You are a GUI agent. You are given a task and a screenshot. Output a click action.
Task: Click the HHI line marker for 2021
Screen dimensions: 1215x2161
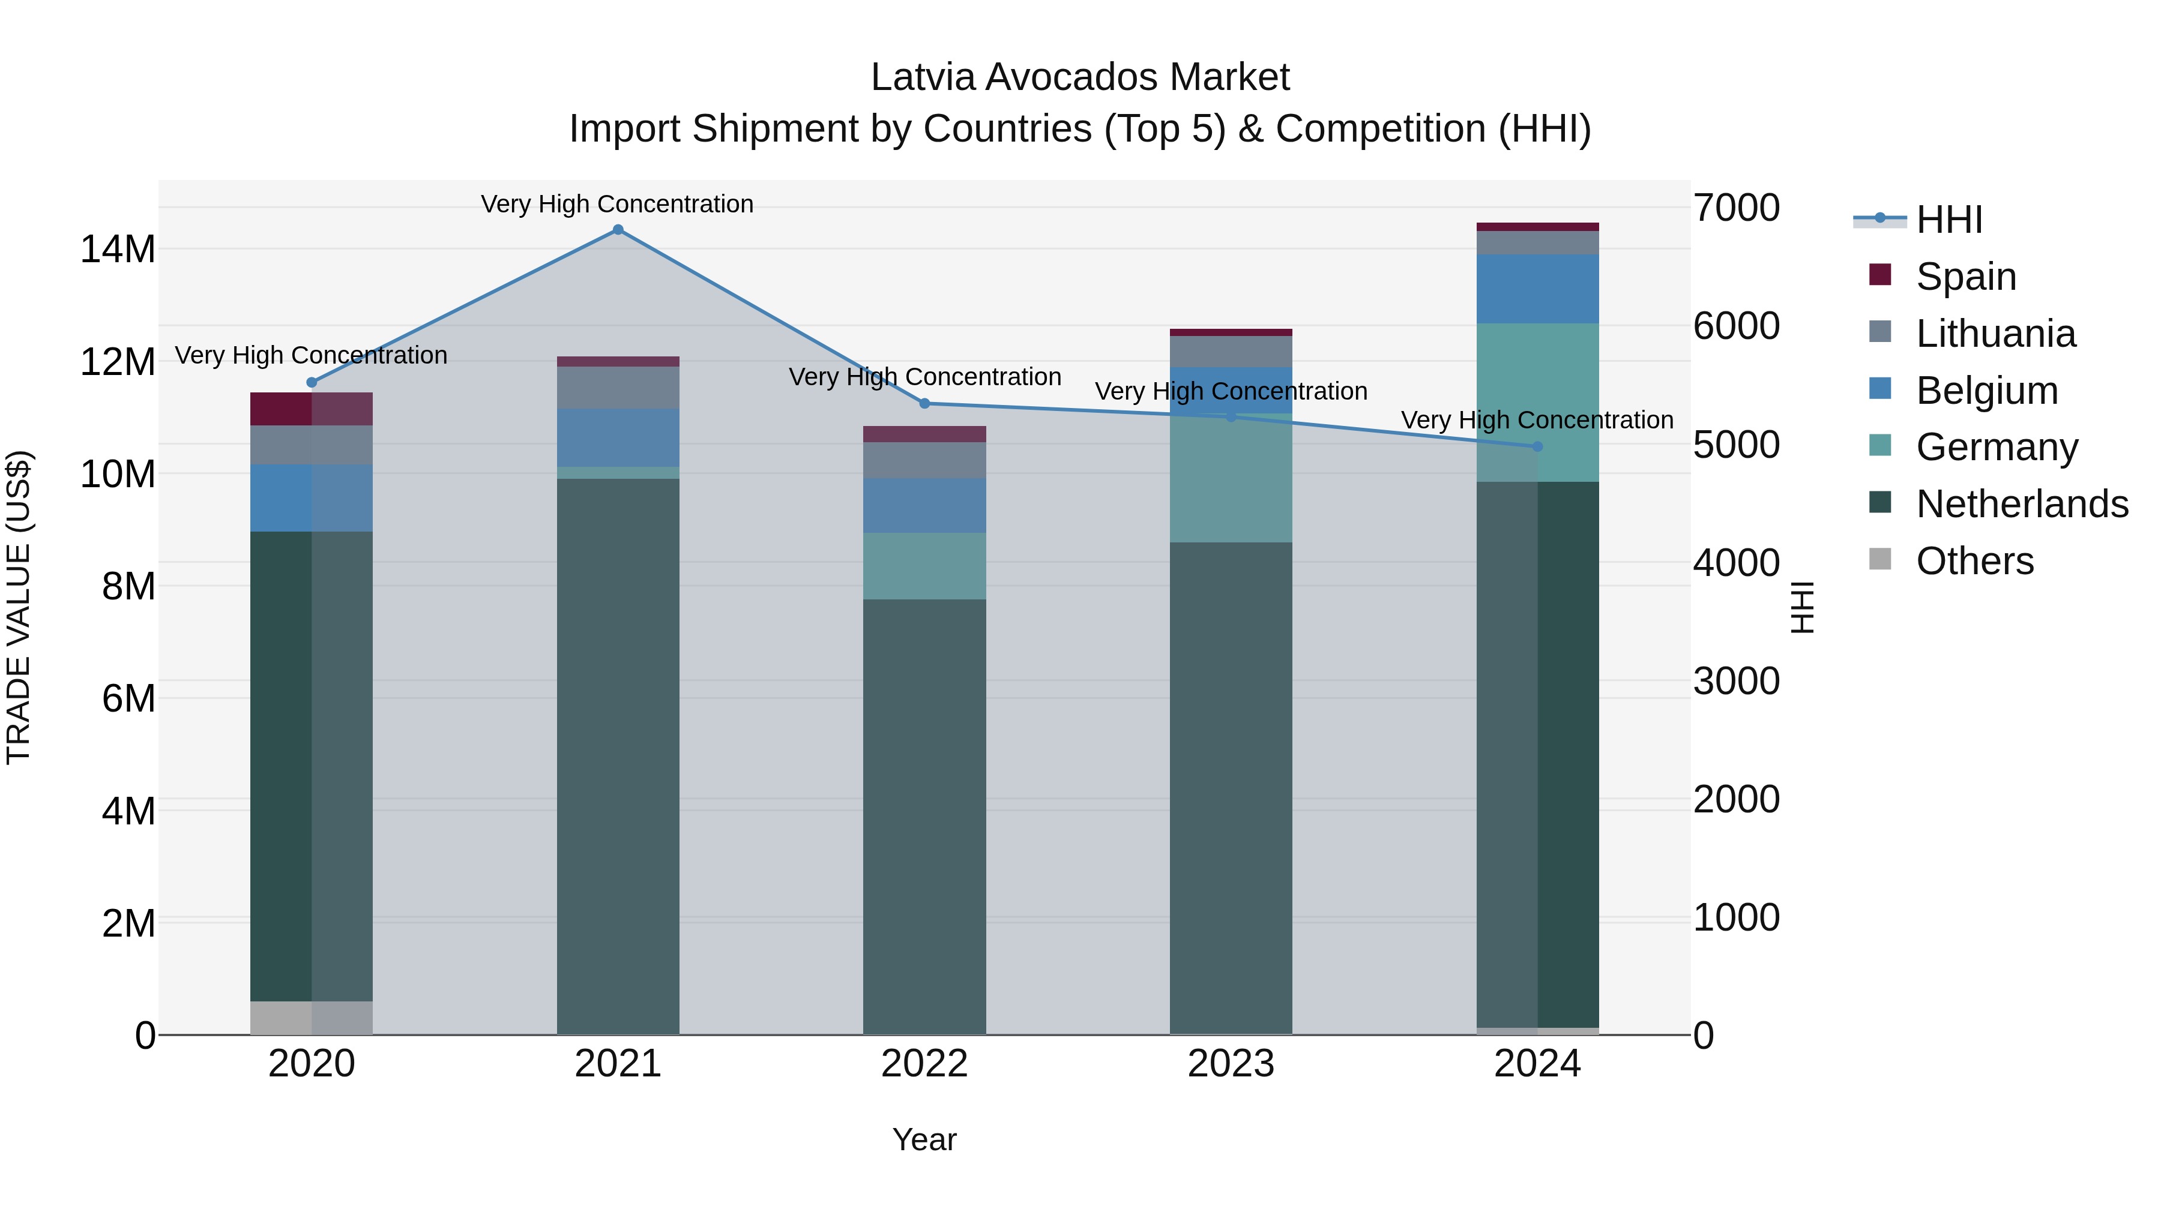[618, 230]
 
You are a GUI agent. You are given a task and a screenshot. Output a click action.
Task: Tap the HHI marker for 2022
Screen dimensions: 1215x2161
[924, 403]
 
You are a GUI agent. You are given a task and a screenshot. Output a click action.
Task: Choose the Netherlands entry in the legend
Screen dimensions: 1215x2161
[2022, 504]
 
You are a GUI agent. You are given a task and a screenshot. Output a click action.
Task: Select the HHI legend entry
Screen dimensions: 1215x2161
[1949, 220]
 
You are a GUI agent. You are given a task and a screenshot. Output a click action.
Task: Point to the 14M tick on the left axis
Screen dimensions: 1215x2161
[118, 250]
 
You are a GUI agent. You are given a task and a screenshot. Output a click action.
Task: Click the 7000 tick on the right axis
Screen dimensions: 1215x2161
[1735, 208]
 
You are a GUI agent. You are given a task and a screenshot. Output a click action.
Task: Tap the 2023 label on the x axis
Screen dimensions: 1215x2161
[1231, 1064]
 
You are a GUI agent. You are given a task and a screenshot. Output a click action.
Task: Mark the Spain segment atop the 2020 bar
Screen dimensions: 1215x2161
[311, 409]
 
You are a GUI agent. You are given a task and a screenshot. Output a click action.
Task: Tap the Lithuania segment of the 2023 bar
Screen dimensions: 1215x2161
[1231, 352]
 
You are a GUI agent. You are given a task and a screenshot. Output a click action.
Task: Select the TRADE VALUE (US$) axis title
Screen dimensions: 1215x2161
[19, 607]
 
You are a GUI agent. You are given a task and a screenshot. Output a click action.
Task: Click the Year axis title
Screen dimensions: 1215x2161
[924, 1139]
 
